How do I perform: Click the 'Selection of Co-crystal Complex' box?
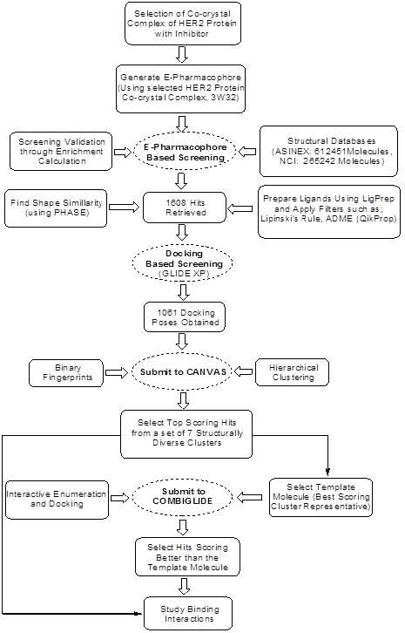pyautogui.click(x=183, y=23)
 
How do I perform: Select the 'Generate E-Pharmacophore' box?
pyautogui.click(x=180, y=89)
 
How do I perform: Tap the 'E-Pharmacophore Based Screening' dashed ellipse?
pyautogui.click(x=186, y=153)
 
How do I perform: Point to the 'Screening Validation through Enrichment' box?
pyautogui.click(x=61, y=152)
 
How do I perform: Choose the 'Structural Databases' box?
pyautogui.click(x=328, y=151)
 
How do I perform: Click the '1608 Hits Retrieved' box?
pyautogui.click(x=185, y=208)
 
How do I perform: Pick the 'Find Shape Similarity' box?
pyautogui.click(x=56, y=208)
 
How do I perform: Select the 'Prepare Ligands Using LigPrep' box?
pyautogui.click(x=329, y=212)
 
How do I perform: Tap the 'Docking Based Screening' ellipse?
pyautogui.click(x=183, y=263)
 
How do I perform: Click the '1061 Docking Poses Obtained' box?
pyautogui.click(x=185, y=317)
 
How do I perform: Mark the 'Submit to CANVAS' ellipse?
pyautogui.click(x=183, y=371)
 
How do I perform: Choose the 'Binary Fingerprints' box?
pyautogui.click(x=66, y=372)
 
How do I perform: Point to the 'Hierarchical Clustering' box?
pyautogui.click(x=292, y=372)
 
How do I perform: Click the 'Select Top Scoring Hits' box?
pyautogui.click(x=186, y=434)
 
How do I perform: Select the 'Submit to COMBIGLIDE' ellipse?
pyautogui.click(x=183, y=497)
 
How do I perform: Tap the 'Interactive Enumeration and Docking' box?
pyautogui.click(x=57, y=500)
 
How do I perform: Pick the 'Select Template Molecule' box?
pyautogui.click(x=321, y=497)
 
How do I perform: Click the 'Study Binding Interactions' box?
pyautogui.click(x=188, y=614)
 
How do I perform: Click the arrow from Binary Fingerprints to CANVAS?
pyautogui.click(x=116, y=372)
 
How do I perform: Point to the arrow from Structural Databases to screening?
pyautogui.click(x=247, y=152)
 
